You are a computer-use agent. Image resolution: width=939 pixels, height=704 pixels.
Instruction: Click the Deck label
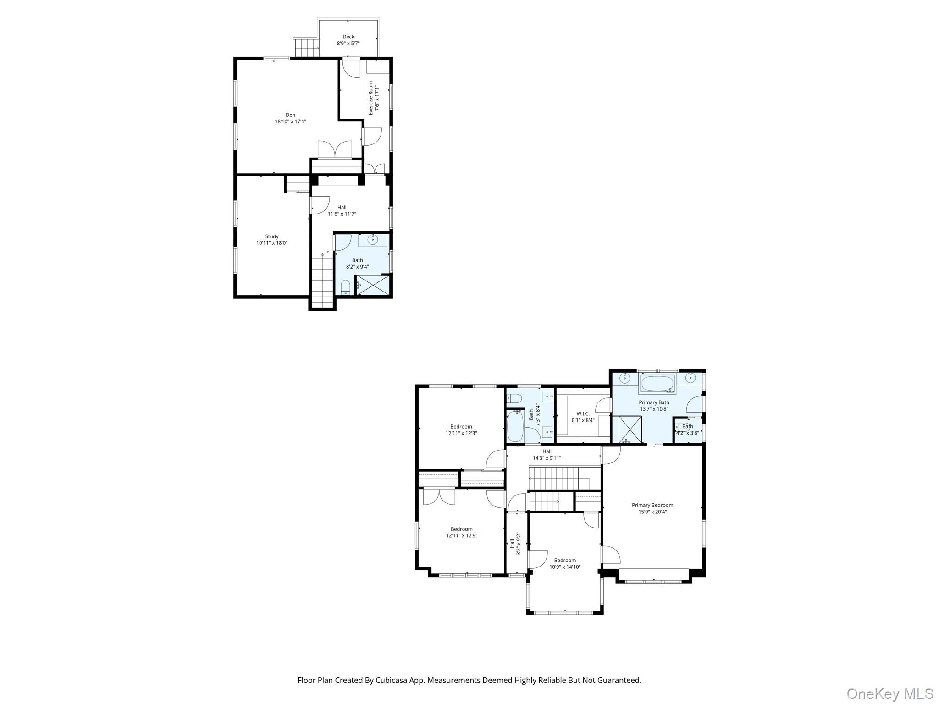coord(348,37)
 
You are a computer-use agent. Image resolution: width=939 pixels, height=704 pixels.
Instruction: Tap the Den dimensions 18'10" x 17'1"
coord(290,121)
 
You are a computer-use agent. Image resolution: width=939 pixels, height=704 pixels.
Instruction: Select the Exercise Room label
coord(371,98)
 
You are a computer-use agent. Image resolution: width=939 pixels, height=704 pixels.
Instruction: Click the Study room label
coord(272,236)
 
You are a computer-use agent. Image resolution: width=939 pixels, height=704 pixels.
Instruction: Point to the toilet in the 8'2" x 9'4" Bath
coord(346,287)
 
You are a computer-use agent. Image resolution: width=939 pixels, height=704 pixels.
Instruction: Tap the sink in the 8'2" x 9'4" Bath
coord(373,239)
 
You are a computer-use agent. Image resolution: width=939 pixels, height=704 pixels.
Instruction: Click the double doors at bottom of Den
coord(335,150)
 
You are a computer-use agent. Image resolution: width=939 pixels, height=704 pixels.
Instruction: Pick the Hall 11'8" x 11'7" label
coord(342,208)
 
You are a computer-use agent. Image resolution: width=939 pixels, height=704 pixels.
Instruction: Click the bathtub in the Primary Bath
coord(657,384)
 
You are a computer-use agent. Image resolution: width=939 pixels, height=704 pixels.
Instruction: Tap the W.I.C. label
coord(583,413)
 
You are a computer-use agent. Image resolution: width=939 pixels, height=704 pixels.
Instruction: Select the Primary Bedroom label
coord(652,505)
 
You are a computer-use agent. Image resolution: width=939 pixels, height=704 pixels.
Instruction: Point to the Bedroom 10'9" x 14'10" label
coord(565,560)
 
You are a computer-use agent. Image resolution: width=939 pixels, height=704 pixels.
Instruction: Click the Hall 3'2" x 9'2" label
coord(512,544)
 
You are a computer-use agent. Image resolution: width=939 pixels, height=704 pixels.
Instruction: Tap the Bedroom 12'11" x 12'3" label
coord(461,426)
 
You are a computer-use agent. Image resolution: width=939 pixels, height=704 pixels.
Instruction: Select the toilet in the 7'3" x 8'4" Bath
coord(514,398)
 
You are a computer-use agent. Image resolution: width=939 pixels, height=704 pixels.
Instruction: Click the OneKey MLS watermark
coord(889,694)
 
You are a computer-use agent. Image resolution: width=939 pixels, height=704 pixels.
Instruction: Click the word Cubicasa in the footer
coord(394,680)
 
